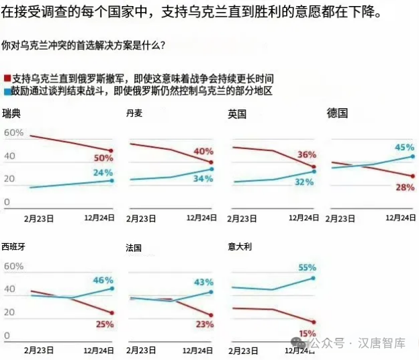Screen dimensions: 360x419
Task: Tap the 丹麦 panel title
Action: pos(134,113)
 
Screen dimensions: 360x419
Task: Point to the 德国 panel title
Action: pos(337,112)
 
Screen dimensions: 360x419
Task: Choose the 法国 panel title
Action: pos(134,247)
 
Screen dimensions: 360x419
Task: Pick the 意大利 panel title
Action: pos(240,246)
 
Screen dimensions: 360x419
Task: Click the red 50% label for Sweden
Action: pos(103,159)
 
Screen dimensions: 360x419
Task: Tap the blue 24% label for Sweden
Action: pos(103,172)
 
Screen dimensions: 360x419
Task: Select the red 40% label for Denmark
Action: pos(203,151)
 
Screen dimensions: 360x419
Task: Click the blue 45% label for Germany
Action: pos(404,147)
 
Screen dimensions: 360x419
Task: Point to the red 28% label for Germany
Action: pos(404,187)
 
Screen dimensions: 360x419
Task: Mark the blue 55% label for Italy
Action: pos(306,267)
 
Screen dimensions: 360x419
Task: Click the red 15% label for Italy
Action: pos(307,333)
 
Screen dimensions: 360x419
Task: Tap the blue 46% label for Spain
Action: pos(103,279)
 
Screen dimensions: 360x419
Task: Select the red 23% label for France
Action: pos(203,324)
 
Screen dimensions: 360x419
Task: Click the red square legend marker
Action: pos(7,79)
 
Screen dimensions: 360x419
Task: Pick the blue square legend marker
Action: pos(7,90)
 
